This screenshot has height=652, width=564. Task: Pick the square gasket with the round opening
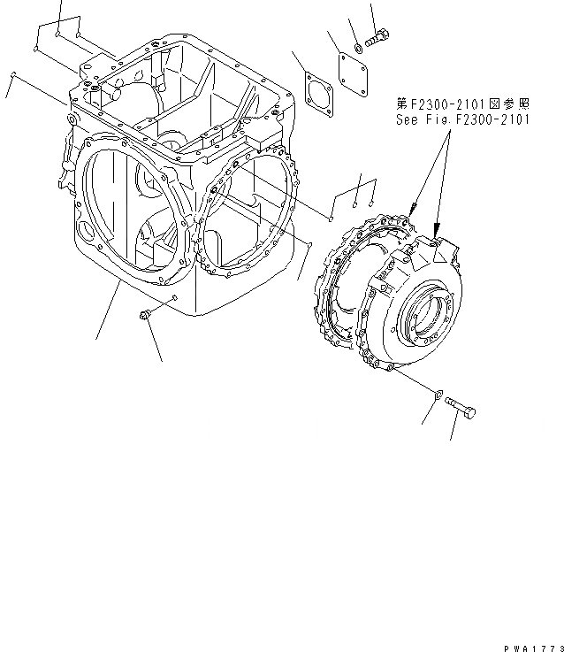pyautogui.click(x=318, y=91)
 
